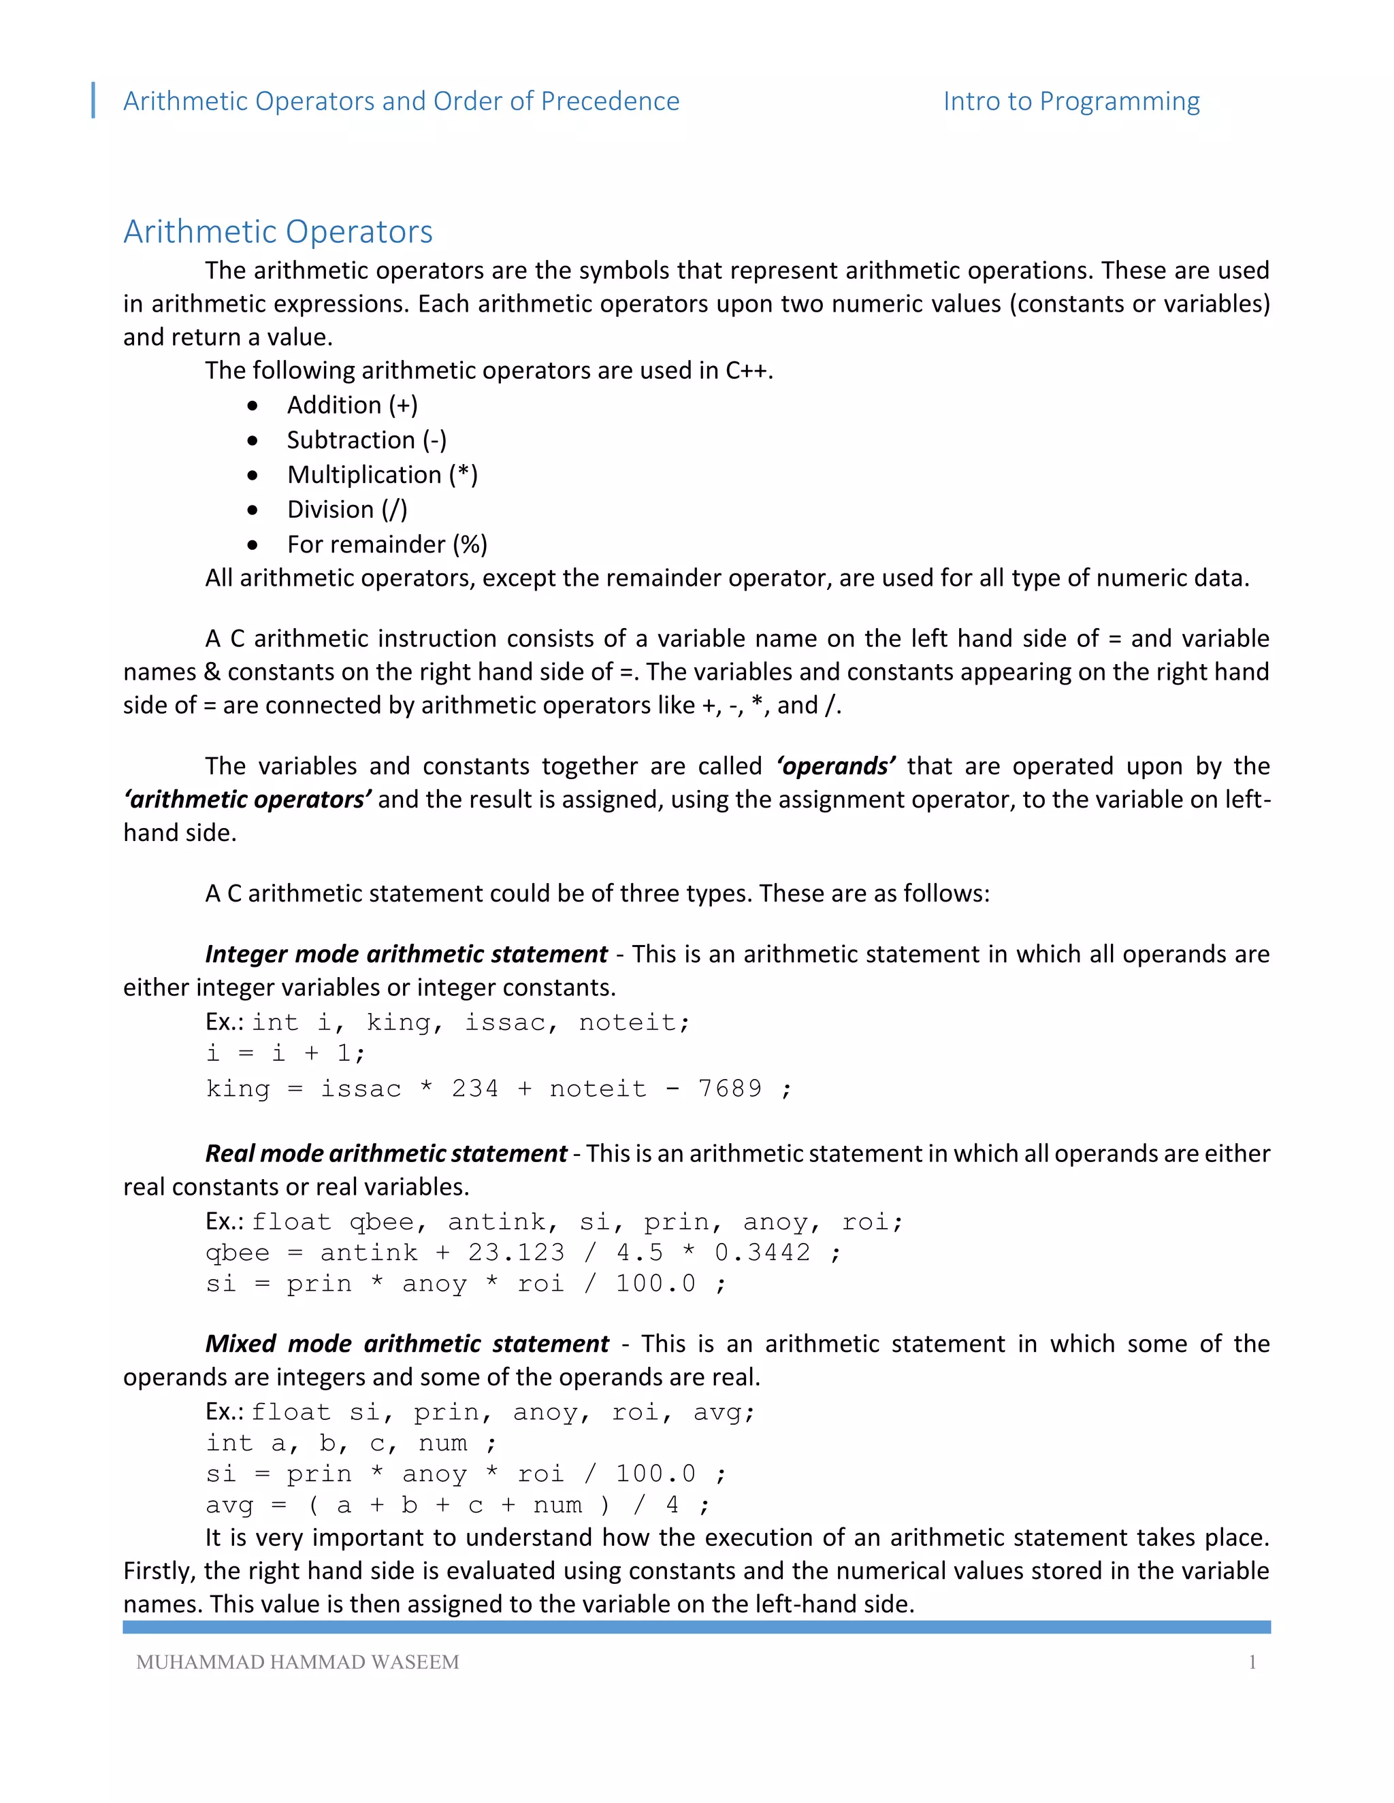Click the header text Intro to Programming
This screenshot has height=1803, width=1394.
coord(1071,101)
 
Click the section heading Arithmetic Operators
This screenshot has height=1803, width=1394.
coord(278,232)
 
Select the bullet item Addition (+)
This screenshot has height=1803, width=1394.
coord(352,406)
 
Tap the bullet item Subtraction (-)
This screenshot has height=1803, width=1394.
coord(367,440)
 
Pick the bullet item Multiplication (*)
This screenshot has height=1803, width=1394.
coord(382,475)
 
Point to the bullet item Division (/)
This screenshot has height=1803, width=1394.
coord(347,510)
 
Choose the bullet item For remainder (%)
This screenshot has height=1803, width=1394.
coord(387,544)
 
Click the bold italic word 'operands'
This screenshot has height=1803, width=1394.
coord(835,766)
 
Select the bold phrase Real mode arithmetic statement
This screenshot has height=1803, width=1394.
coord(386,1153)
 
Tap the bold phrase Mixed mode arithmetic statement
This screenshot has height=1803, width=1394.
coord(406,1344)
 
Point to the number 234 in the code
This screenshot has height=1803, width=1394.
coord(475,1088)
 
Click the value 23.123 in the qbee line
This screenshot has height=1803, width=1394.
coord(516,1253)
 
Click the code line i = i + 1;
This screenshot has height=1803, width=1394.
coord(285,1053)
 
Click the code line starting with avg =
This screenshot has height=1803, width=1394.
coord(457,1505)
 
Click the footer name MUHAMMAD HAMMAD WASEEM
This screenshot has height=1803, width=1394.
coord(297,1662)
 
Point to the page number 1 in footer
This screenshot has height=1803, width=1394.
coord(1252,1662)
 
